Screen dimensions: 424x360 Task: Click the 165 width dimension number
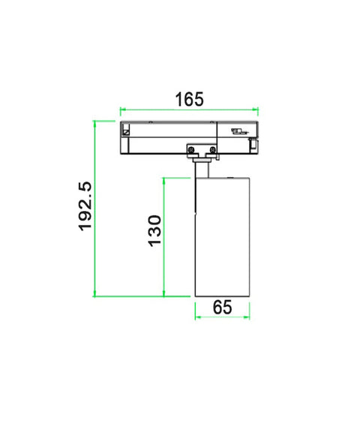click(189, 99)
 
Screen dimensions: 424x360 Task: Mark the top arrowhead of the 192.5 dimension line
click(94, 122)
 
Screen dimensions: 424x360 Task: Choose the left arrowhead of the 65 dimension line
click(196, 317)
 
